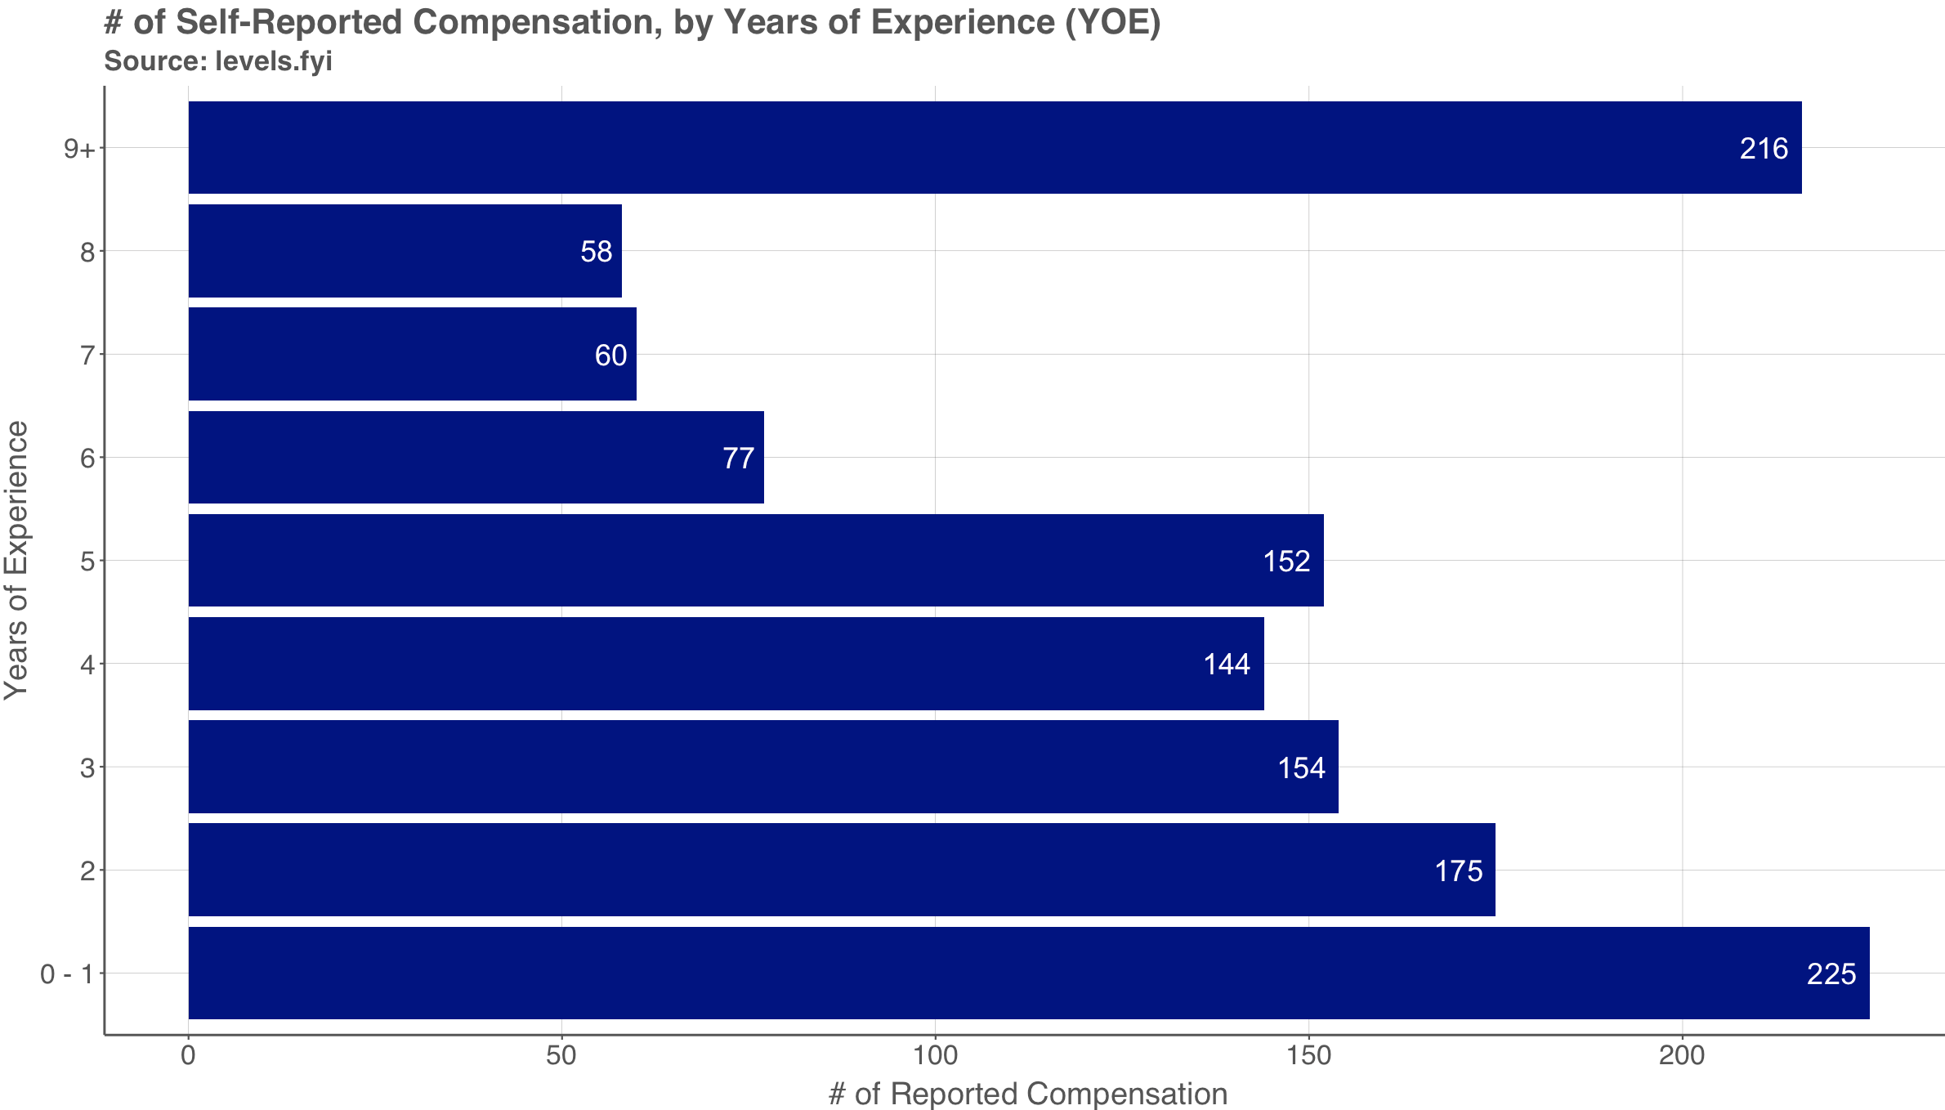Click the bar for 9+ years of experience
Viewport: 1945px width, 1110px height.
[995, 148]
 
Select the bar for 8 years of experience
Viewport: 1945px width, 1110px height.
[405, 251]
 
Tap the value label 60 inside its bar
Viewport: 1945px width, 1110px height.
[610, 355]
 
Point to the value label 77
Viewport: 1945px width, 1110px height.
[738, 458]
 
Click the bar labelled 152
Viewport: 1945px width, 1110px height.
[756, 561]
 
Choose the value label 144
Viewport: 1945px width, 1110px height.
[1227, 664]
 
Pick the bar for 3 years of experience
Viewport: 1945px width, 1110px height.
[763, 767]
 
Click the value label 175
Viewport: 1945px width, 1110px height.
[1459, 871]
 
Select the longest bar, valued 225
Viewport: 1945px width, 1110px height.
[1029, 973]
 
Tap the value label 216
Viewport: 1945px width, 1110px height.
[1764, 149]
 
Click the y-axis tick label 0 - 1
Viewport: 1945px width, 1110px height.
[67, 974]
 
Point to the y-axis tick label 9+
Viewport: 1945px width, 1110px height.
[80, 149]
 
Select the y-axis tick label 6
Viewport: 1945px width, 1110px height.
[88, 458]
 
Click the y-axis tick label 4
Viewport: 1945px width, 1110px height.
[88, 664]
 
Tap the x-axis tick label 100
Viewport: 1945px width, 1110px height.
[935, 1055]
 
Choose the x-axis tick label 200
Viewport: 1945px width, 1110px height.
[1682, 1055]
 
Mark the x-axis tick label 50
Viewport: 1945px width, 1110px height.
[561, 1055]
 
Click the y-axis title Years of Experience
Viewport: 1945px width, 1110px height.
[16, 560]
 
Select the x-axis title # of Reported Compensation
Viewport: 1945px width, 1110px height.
[1028, 1094]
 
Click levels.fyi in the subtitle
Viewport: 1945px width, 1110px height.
[273, 61]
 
